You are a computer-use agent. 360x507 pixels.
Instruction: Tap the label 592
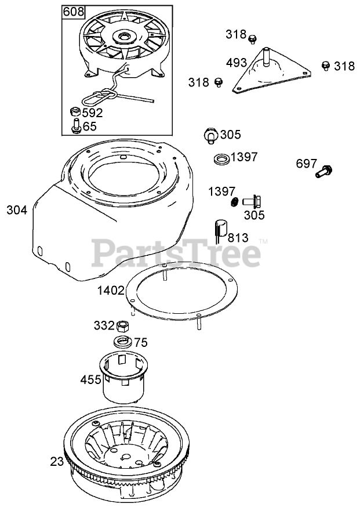point(93,113)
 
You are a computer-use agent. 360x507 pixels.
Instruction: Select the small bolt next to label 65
point(75,125)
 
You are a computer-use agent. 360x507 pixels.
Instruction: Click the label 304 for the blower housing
point(17,210)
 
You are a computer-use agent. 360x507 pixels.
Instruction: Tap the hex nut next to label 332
point(123,325)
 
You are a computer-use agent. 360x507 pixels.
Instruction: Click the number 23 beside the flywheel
point(56,462)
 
